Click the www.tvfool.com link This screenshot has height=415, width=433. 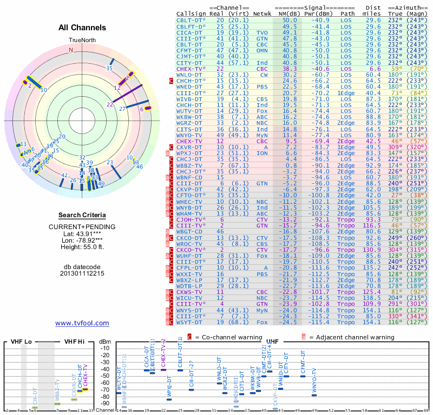[x=82, y=323]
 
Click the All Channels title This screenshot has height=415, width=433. [x=82, y=27]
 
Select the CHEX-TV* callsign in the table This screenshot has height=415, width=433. [x=191, y=69]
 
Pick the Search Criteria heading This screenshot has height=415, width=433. [x=82, y=215]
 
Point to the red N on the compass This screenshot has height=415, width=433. [x=70, y=50]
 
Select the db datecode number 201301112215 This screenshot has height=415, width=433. [x=82, y=273]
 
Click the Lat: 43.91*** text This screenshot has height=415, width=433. [x=82, y=233]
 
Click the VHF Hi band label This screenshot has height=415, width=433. [x=75, y=342]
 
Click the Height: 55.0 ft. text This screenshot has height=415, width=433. [x=82, y=247]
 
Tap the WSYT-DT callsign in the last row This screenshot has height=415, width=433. [x=191, y=322]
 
